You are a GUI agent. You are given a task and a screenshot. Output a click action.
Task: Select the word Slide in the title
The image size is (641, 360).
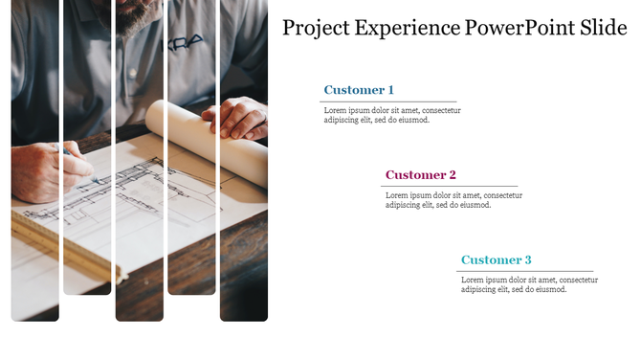[604, 28]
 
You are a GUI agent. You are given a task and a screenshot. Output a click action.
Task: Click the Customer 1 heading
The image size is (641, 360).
[359, 90]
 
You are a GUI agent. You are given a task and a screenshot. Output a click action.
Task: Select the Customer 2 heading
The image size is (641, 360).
[421, 175]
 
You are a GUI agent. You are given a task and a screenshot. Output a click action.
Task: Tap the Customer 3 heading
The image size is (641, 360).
[497, 260]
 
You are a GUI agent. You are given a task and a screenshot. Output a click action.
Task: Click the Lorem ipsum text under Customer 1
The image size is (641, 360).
[391, 116]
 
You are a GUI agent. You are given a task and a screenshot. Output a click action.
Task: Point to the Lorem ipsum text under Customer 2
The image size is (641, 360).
[453, 200]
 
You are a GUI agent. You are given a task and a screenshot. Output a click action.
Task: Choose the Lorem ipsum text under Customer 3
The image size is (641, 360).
[529, 284]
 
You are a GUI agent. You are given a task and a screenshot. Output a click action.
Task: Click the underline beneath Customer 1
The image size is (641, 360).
[388, 101]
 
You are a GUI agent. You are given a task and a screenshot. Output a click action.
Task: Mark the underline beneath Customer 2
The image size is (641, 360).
[451, 186]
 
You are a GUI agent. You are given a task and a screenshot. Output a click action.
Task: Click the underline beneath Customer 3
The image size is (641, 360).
[526, 271]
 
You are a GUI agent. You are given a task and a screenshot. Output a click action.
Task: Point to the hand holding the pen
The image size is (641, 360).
[43, 169]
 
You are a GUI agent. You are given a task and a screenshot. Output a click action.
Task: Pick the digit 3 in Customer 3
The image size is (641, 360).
[527, 260]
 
